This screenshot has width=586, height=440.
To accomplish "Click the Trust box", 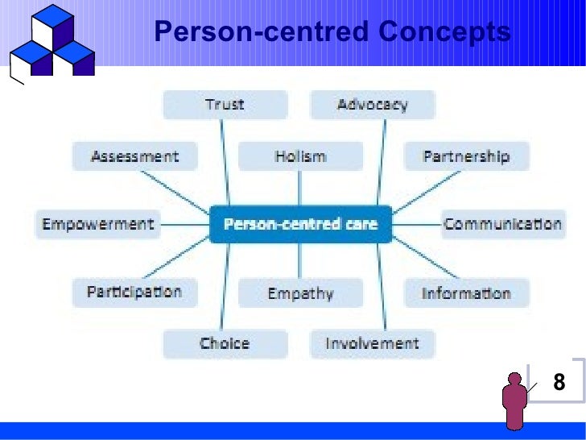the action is click(225, 105).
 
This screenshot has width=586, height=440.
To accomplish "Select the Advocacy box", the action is click(373, 105).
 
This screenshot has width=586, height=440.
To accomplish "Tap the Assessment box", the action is click(135, 156).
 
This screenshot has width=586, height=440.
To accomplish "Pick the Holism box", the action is click(299, 156).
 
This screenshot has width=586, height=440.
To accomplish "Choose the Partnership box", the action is click(466, 156).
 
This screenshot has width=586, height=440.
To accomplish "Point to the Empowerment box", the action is click(97, 223).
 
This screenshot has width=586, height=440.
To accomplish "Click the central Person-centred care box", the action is click(299, 224).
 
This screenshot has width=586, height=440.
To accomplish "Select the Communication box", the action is click(502, 223).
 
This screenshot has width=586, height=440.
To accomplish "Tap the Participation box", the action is click(134, 292).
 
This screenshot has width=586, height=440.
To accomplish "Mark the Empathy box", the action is click(299, 293).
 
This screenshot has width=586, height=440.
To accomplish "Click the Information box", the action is click(466, 293).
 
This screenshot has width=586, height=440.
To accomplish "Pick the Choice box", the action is click(225, 344).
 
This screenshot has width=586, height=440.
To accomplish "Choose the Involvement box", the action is click(373, 344).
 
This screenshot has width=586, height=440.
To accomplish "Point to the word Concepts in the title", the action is click(444, 32).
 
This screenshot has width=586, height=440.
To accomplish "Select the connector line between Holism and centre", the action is click(299, 189).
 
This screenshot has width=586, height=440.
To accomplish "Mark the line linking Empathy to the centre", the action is click(299, 259).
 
